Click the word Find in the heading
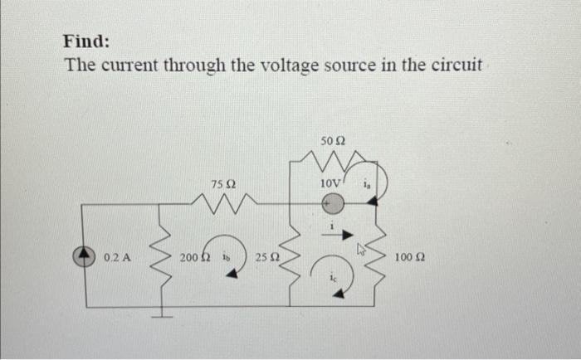(86, 41)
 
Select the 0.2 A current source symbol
(89, 257)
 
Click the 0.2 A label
(116, 258)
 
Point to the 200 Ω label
(193, 258)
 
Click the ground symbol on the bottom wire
(162, 313)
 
